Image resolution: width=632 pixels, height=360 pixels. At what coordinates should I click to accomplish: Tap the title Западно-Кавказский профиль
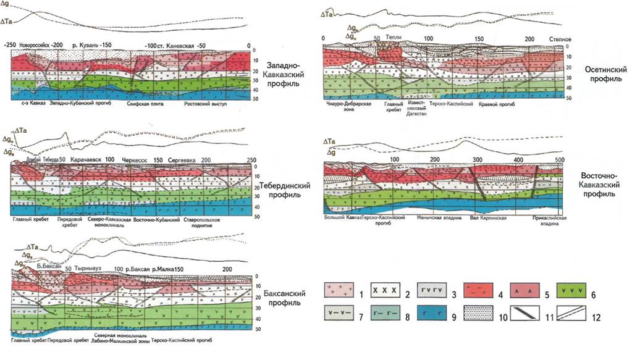tap(284, 72)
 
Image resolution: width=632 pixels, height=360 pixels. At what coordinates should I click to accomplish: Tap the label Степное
tap(560, 40)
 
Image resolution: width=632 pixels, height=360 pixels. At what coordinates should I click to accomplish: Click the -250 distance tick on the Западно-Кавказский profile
tap(10, 46)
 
